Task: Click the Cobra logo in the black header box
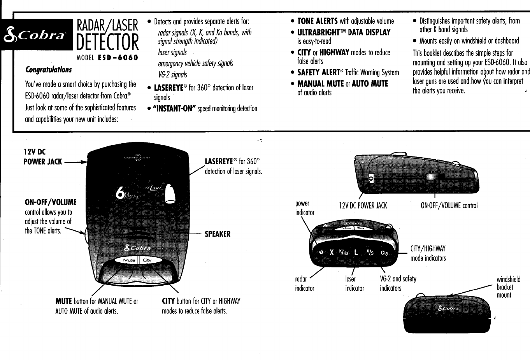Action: pyautogui.click(x=37, y=34)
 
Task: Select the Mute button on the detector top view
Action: pyautogui.click(x=129, y=260)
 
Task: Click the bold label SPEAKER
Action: pyautogui.click(x=218, y=234)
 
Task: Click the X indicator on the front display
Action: pyautogui.click(x=332, y=252)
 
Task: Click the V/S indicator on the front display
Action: pyautogui.click(x=370, y=252)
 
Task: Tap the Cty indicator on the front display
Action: pyautogui.click(x=384, y=253)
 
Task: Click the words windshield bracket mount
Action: pyautogui.click(x=508, y=287)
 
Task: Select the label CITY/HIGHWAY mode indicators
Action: pyautogui.click(x=428, y=253)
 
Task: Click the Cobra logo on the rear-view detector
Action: pyautogui.click(x=448, y=309)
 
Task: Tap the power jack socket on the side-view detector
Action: pyautogui.click(x=371, y=178)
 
